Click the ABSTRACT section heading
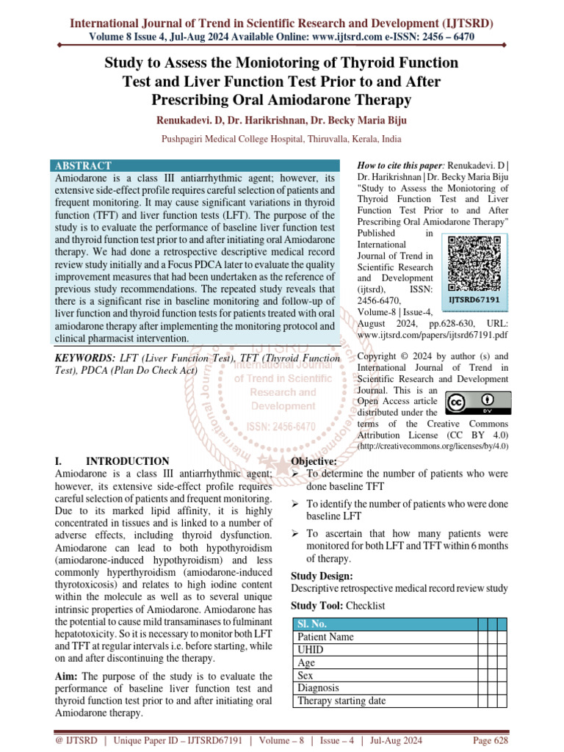84,166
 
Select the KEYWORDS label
86,358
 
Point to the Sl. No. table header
311,624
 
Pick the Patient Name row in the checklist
325,637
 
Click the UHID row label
310,650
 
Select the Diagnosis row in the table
318,688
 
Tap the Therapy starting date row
341,701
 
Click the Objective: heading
314,461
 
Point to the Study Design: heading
322,576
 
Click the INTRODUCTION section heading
127,461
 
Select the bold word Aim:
70,676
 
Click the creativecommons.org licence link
433,446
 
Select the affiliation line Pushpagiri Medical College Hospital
281,138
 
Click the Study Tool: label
317,606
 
